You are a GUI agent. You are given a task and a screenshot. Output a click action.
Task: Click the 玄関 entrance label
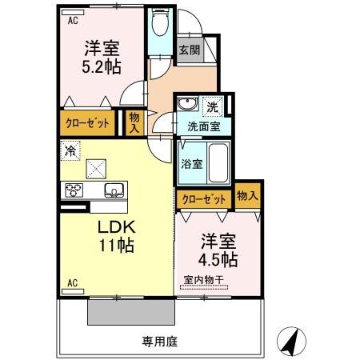pyautogui.click(x=190, y=50)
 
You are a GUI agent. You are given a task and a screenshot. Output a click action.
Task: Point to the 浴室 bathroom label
pyautogui.click(x=190, y=164)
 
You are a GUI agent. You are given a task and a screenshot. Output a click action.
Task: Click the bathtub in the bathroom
pyautogui.click(x=217, y=164)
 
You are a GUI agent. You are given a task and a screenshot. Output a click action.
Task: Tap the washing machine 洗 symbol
pyautogui.click(x=213, y=107)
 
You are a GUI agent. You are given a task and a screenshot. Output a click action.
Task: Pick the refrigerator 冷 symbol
pyautogui.click(x=70, y=150)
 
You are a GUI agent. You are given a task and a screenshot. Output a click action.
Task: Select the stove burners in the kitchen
pyautogui.click(x=74, y=190)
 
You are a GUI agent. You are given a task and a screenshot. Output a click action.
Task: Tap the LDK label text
pyautogui.click(x=114, y=226)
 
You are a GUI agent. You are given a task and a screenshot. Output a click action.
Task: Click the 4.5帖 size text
pyautogui.click(x=218, y=260)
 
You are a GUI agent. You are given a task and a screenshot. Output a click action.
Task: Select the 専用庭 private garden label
pyautogui.click(x=160, y=341)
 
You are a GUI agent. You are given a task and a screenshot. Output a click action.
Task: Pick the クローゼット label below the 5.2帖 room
pyautogui.click(x=86, y=124)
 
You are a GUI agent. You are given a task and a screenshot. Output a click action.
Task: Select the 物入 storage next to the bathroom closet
pyautogui.click(x=246, y=196)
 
